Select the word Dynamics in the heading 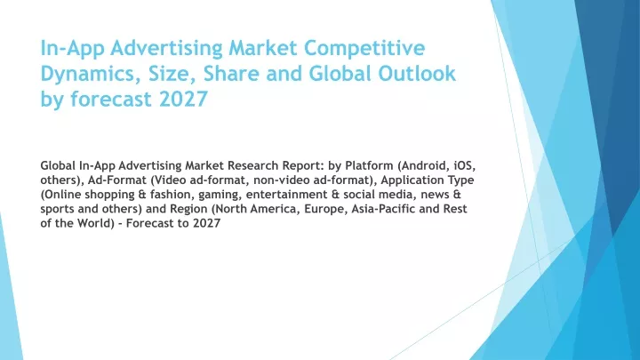pyautogui.click(x=90, y=75)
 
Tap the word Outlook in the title pyautogui.click(x=417, y=74)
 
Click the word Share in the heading pyautogui.click(x=231, y=74)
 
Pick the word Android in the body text pyautogui.click(x=419, y=165)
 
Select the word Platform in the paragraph pyautogui.click(x=367, y=165)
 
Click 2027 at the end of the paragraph pyautogui.click(x=206, y=223)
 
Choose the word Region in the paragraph pyautogui.click(x=188, y=210)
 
